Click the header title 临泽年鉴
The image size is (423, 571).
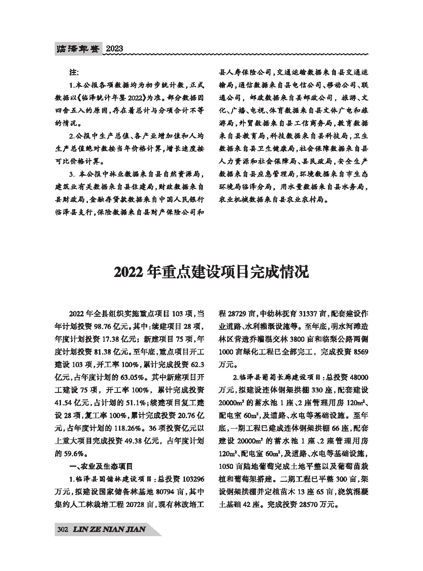(x=78, y=49)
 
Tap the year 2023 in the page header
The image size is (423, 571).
(x=114, y=49)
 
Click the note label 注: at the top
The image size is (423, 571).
(x=74, y=72)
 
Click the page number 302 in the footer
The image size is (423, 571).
(x=62, y=529)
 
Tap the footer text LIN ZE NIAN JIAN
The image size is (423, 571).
(x=109, y=529)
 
